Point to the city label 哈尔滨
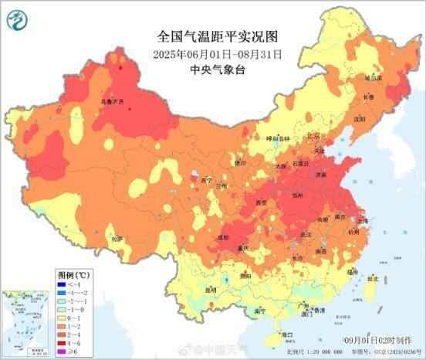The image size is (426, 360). click(x=374, y=78)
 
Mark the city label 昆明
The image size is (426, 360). click(x=211, y=290)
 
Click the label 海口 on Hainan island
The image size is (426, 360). click(x=287, y=335)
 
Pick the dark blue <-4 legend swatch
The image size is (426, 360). click(x=63, y=285)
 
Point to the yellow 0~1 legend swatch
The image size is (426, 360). click(x=63, y=318)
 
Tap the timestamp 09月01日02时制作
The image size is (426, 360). click(x=380, y=339)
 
